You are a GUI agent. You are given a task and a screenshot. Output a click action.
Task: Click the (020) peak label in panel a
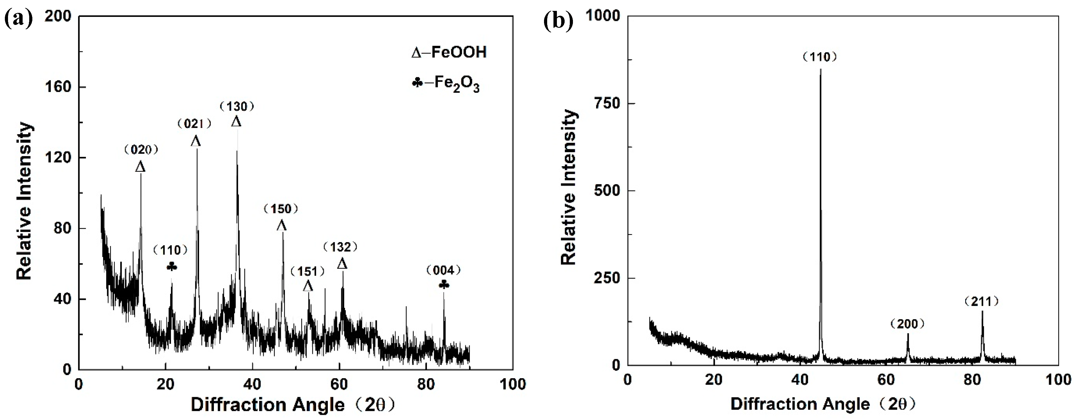tap(141, 149)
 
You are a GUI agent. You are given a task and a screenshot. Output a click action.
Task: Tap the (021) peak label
tap(195, 124)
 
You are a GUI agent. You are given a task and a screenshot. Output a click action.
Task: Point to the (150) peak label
tap(281, 209)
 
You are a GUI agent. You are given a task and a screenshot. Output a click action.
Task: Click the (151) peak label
tap(308, 272)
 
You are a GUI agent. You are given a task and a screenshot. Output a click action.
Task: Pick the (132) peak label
tap(341, 247)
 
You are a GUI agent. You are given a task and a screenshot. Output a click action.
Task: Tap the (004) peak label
tap(444, 271)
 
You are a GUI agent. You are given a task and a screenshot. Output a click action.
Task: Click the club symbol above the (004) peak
tap(444, 285)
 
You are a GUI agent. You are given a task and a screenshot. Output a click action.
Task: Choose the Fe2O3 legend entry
tap(446, 84)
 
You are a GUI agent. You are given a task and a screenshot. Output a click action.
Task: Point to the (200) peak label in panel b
tap(907, 324)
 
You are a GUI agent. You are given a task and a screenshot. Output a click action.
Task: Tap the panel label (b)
tap(558, 21)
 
